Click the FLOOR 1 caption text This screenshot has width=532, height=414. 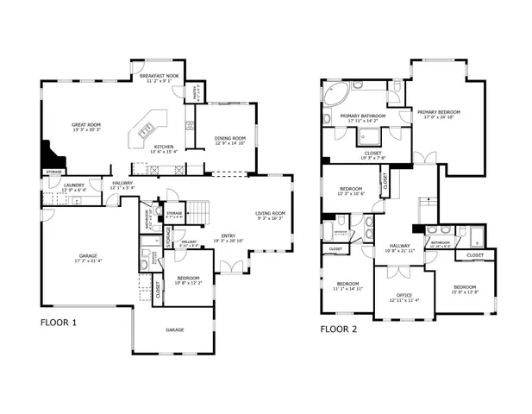(x=59, y=323)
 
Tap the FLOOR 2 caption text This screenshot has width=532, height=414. (x=339, y=329)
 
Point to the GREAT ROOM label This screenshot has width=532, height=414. (x=86, y=124)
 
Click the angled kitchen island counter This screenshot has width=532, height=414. (x=147, y=127)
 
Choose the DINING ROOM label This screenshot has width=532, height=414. (x=230, y=138)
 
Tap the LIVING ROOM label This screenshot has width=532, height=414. (x=271, y=213)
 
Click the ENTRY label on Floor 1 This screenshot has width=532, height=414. (x=228, y=235)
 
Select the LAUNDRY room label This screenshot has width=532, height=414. (x=73, y=185)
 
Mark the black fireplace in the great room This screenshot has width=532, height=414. (x=54, y=160)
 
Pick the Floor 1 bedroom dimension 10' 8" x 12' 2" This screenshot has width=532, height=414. (x=188, y=283)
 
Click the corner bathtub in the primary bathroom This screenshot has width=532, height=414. (x=335, y=93)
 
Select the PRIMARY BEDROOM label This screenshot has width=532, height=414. (x=439, y=112)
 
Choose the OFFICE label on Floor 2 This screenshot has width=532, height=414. (x=404, y=295)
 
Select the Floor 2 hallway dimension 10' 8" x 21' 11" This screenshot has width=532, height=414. (x=399, y=250)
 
